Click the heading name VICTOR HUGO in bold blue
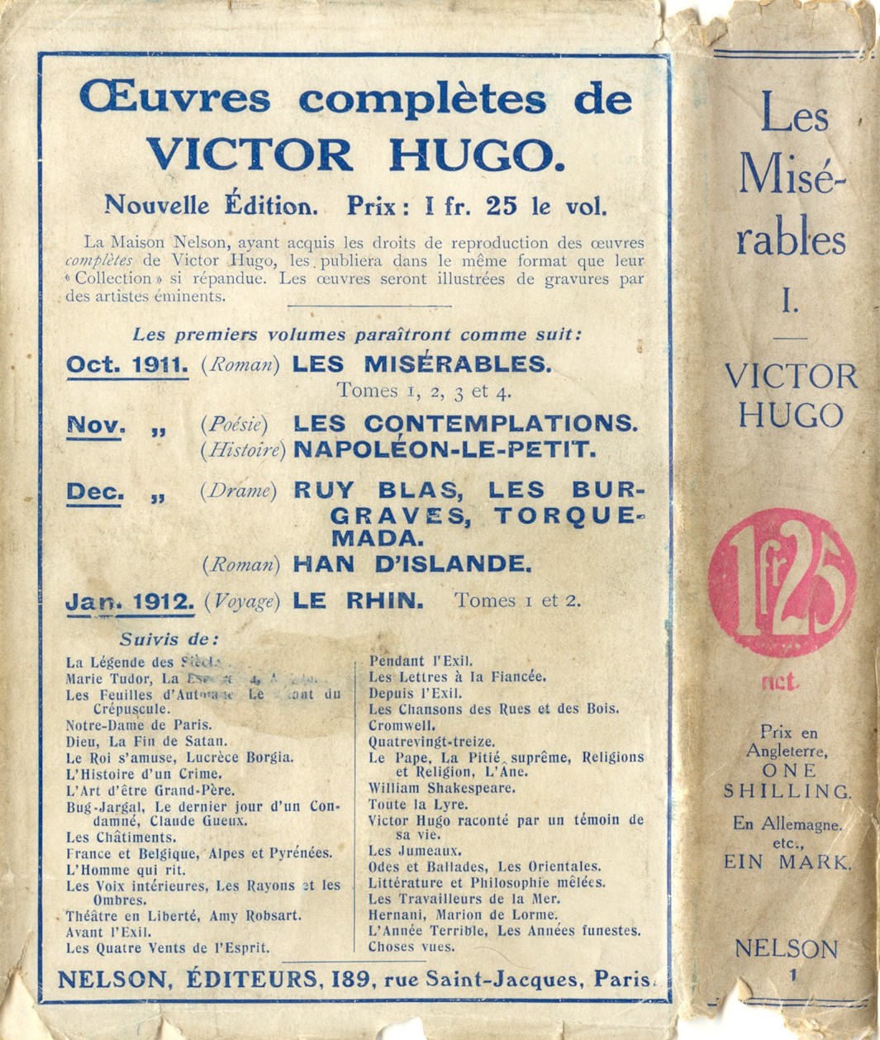pos(356,154)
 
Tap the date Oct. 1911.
pos(127,364)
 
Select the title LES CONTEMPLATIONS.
pos(466,424)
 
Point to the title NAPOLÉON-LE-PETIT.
pos(445,450)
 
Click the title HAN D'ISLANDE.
pos(411,564)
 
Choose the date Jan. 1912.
pos(130,601)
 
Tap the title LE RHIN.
pos(359,601)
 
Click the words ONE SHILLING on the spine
pos(787,781)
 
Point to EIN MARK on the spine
pos(786,862)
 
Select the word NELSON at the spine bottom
pos(786,949)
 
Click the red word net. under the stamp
pos(779,682)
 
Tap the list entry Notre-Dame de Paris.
pos(127,725)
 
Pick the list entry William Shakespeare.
pos(442,788)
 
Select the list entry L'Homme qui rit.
pos(126,870)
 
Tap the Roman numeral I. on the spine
pos(790,303)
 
